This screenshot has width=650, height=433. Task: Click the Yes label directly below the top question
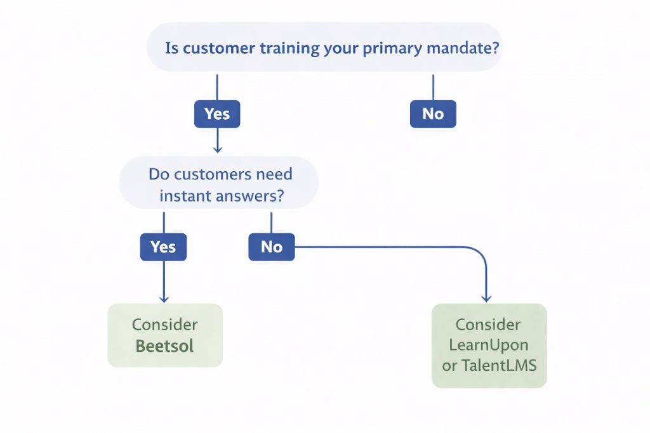point(217,114)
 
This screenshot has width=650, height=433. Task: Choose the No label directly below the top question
point(433,114)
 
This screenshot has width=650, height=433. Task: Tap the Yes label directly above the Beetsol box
point(163,247)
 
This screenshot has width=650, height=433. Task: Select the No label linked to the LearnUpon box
point(272,247)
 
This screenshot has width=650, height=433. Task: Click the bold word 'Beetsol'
point(164,346)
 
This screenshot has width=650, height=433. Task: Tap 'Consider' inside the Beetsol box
point(164,325)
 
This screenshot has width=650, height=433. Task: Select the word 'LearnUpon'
point(489,346)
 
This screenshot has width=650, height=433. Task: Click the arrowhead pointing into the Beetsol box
point(164,298)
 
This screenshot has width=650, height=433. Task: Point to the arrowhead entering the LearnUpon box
point(486,297)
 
